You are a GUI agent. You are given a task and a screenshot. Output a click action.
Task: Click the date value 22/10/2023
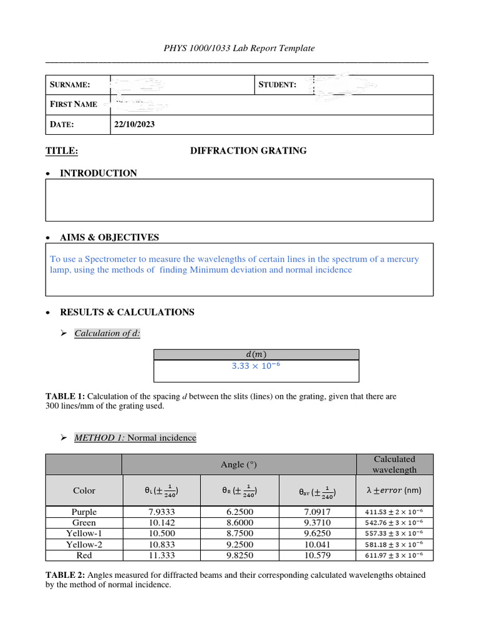click(134, 124)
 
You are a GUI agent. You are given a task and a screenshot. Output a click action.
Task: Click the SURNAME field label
click(70, 84)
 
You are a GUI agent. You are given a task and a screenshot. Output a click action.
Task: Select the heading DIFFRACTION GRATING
click(248, 150)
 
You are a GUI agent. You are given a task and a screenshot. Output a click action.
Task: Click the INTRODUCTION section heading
click(98, 173)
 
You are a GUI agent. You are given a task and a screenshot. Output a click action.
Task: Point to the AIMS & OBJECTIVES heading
click(109, 237)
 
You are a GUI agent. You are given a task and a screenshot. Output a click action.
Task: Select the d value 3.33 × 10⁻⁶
click(256, 366)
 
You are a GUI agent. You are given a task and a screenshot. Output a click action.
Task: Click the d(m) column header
click(256, 354)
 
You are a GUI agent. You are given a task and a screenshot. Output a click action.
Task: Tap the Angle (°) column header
click(239, 464)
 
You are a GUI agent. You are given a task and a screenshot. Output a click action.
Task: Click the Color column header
click(84, 490)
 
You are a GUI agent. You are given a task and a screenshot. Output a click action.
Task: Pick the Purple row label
click(84, 512)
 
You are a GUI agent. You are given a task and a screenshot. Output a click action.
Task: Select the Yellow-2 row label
click(84, 544)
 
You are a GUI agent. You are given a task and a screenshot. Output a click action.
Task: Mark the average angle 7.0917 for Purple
click(317, 512)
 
